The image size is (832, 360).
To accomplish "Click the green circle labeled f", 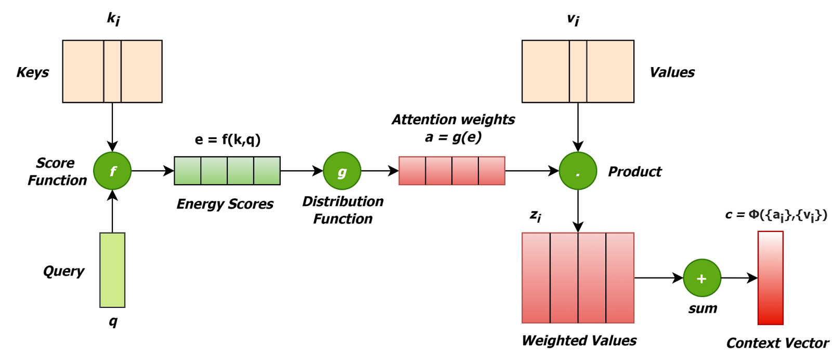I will (112, 171).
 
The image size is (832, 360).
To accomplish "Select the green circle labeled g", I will (342, 171).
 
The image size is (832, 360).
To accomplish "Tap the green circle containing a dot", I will (578, 171).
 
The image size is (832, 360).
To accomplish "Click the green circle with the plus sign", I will (702, 278).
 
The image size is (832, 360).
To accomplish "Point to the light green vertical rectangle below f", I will (112, 270).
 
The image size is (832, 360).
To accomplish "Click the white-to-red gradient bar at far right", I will (770, 278).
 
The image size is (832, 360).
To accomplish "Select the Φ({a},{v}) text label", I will (788, 214).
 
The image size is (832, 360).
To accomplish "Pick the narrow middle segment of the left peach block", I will (112, 71).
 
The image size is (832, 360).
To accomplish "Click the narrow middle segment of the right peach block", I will (578, 71).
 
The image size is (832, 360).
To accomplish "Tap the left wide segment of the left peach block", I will (83, 71).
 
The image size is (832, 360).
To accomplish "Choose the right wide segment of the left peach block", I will (141, 71).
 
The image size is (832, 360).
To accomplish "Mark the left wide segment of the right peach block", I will (545, 71).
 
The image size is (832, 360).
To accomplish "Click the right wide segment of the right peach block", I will (610, 71).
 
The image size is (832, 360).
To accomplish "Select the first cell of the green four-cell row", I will (188, 171).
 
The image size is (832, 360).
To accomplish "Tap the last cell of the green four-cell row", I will (267, 171).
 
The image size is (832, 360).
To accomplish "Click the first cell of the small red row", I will (412, 171).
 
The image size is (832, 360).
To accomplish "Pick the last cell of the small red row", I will (491, 171).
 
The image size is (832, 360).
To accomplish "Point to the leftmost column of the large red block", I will (536, 278).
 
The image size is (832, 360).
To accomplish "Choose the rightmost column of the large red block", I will (620, 278).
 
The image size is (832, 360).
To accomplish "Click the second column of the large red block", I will (564, 278).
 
